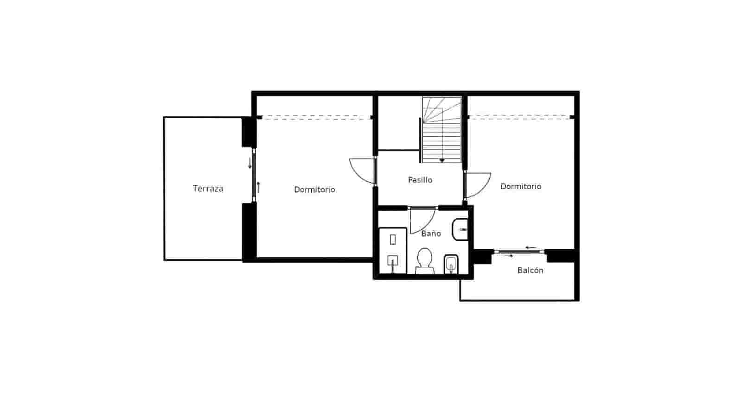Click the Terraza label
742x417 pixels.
208,189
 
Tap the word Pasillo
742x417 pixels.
420,180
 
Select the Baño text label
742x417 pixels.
431,234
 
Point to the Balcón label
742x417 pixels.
530,270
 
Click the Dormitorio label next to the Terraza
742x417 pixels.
314,190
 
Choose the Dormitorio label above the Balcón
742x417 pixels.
520,186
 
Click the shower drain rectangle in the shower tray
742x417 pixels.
393,240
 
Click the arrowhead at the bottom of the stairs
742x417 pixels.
442,160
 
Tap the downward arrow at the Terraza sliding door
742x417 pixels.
249,163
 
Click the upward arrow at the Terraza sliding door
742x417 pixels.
258,187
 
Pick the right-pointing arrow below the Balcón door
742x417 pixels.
508,256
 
